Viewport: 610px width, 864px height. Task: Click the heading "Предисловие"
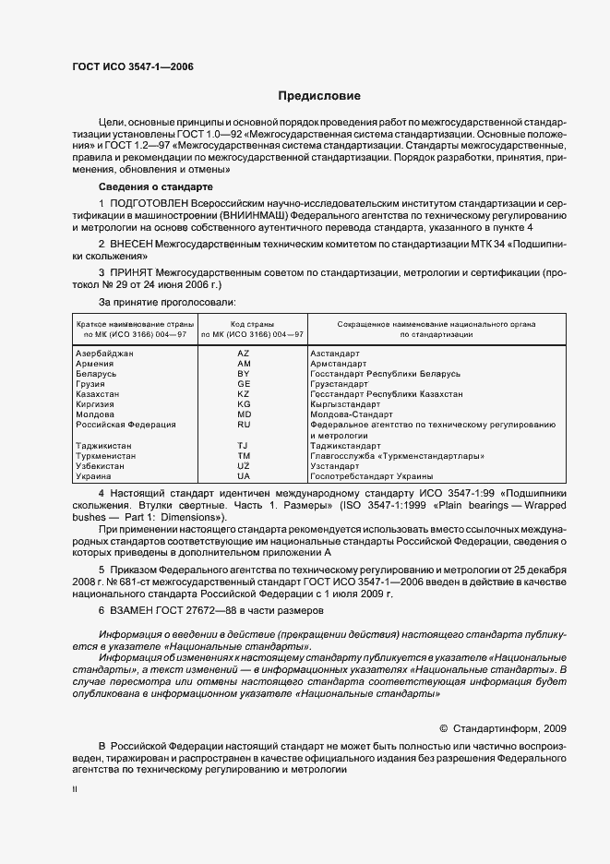[x=320, y=96]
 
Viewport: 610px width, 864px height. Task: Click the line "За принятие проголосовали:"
[x=167, y=302]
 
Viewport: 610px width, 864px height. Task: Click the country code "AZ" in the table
[x=244, y=354]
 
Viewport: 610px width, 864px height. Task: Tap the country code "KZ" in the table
[x=244, y=394]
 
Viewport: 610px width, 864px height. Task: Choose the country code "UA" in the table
[x=244, y=475]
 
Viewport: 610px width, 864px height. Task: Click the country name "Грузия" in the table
[x=90, y=384]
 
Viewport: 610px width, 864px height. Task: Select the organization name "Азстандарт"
[x=335, y=354]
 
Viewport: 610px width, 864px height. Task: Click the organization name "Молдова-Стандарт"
[x=352, y=414]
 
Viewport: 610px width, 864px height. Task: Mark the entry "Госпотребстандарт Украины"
[x=372, y=475]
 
